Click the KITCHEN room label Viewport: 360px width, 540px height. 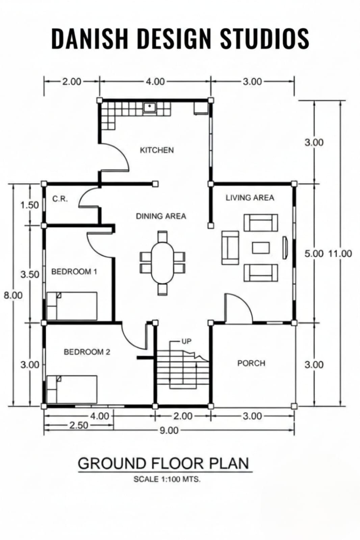click(x=157, y=150)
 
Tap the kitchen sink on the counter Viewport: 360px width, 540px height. click(x=150, y=107)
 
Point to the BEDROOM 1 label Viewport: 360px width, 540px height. click(x=74, y=272)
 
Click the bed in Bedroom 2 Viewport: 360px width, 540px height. click(x=72, y=389)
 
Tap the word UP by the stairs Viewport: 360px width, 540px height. click(x=186, y=341)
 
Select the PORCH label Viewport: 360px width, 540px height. click(x=251, y=363)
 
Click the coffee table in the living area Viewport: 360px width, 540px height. click(x=261, y=248)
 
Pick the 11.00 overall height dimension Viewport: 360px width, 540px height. click(x=340, y=254)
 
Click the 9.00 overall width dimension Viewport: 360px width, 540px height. click(x=169, y=430)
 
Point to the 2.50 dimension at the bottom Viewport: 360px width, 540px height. click(x=79, y=426)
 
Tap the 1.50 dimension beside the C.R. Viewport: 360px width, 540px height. click(x=29, y=205)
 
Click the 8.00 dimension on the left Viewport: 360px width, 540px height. click(x=13, y=295)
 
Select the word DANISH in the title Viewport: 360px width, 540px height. click(x=90, y=38)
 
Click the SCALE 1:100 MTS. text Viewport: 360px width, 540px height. click(x=167, y=479)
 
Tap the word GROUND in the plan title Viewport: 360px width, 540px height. click(x=112, y=463)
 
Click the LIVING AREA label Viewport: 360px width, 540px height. click(x=250, y=198)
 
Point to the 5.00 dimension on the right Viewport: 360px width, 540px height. click(x=313, y=254)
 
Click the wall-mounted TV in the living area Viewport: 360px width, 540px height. click(x=285, y=248)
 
